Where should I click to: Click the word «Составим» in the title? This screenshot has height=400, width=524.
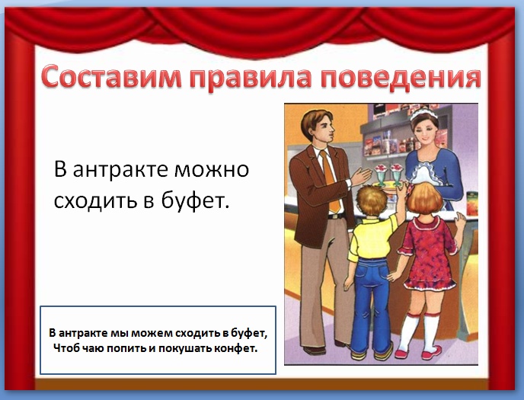tap(112, 78)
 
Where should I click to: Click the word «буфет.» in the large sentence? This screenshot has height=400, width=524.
tap(196, 200)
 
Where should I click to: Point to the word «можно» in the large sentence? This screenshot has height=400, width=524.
tap(212, 169)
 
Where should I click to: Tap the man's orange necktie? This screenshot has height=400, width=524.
tap(330, 181)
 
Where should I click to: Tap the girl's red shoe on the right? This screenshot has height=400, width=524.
tap(431, 353)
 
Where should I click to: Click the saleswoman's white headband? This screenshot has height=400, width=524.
tap(423, 113)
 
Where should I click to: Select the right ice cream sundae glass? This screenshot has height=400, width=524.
tap(397, 174)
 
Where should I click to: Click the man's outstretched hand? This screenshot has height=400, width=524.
tap(361, 176)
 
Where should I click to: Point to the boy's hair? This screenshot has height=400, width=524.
tap(371, 200)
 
